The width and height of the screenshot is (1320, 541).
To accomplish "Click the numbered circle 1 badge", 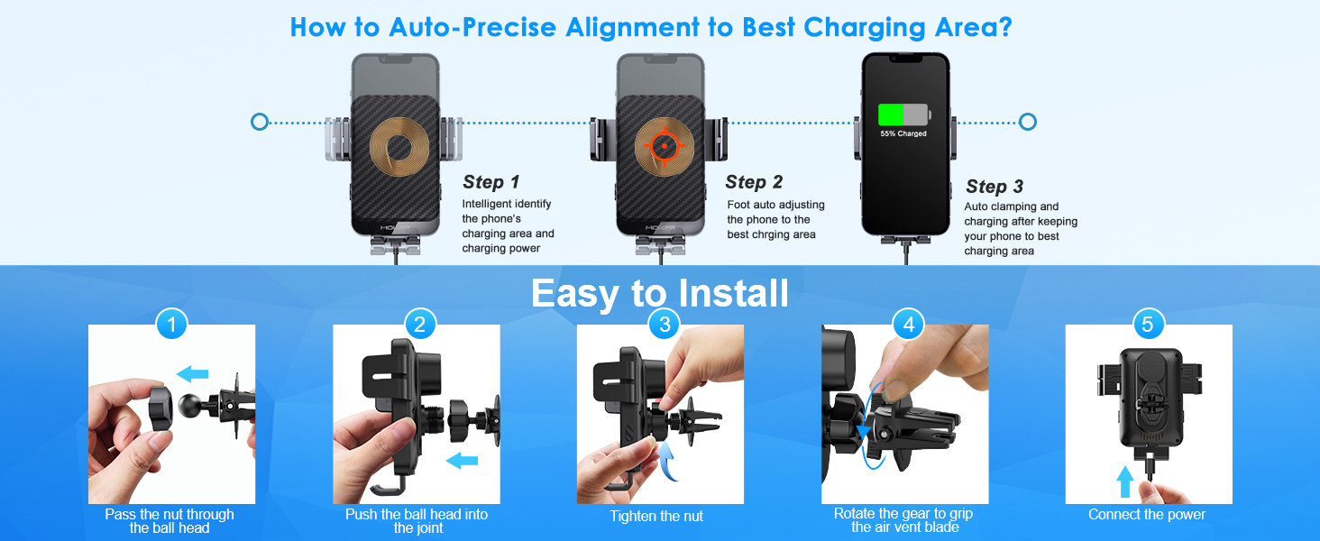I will (x=171, y=324).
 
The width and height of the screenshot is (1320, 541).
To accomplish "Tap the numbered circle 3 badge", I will (x=665, y=324).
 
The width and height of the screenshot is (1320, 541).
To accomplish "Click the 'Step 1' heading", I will (x=491, y=182).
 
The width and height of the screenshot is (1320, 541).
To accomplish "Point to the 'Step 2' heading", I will (x=754, y=182).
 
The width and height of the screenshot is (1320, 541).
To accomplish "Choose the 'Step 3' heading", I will (x=995, y=187).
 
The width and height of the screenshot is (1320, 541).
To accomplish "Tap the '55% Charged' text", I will (x=903, y=133).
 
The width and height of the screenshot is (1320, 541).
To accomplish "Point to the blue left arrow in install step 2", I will (x=463, y=461).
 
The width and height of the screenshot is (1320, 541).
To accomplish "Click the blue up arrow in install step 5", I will (x=1124, y=481).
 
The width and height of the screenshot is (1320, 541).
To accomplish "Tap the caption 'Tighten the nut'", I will (x=656, y=517).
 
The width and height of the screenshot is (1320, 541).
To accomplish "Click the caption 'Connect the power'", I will (x=1147, y=515).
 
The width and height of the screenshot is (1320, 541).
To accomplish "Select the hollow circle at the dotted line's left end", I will (x=260, y=122).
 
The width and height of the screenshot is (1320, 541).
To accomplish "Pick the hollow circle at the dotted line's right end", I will (x=1027, y=122).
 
